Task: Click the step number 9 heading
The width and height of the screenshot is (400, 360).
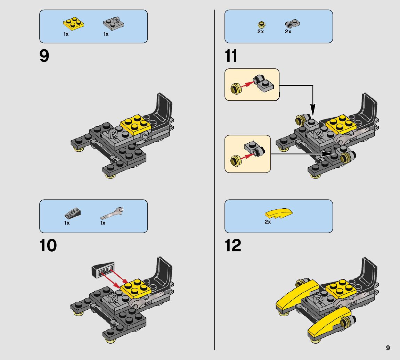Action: [x=44, y=56]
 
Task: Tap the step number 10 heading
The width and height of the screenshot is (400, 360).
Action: [x=48, y=246]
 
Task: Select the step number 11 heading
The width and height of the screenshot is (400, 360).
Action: [x=231, y=56]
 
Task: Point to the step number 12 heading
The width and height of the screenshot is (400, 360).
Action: [x=233, y=246]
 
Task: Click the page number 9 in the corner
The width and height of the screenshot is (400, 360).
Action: [x=388, y=348]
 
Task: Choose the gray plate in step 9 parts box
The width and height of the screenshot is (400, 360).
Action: [x=114, y=24]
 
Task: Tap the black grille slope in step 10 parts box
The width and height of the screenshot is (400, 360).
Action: [x=72, y=212]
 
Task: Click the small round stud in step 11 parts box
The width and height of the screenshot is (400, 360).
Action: [x=261, y=25]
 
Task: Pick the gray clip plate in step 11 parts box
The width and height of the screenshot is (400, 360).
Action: [x=293, y=24]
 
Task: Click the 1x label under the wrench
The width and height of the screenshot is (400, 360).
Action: [x=103, y=223]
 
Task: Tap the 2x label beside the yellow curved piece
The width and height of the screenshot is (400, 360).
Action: [x=268, y=222]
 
